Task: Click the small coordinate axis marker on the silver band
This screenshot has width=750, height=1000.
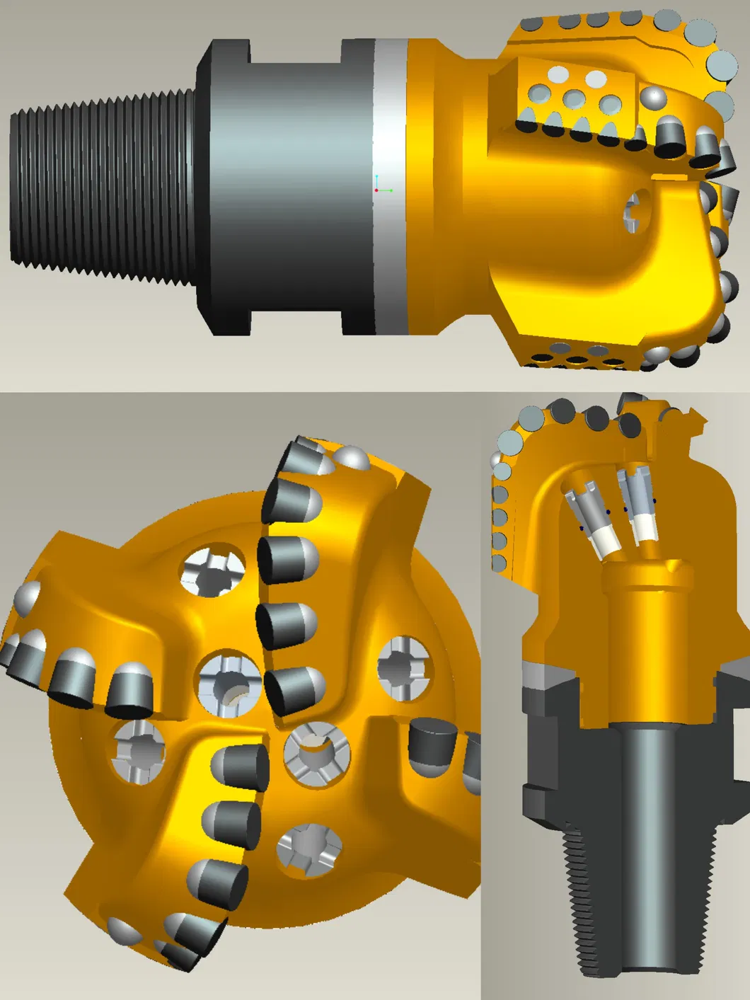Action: pos(380,187)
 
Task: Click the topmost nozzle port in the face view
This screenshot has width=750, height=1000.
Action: pos(213,570)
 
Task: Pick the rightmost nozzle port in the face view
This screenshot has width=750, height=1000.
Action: pos(403,669)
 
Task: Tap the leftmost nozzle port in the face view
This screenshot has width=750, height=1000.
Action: pos(139,751)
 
